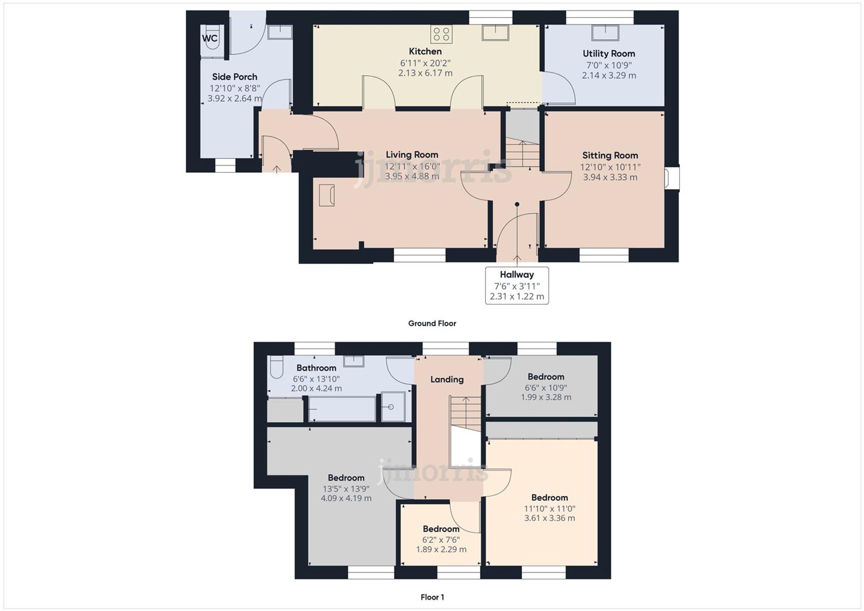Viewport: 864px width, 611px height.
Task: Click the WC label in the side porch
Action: [x=210, y=38]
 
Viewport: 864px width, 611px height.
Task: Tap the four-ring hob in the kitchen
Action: [x=441, y=34]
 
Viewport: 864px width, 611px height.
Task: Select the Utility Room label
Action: [x=609, y=54]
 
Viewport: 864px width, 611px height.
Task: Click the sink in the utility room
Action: [x=605, y=33]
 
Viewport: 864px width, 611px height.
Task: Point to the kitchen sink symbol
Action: [x=496, y=33]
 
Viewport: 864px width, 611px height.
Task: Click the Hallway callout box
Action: [x=517, y=285]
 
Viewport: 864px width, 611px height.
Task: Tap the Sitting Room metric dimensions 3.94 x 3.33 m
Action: [x=610, y=177]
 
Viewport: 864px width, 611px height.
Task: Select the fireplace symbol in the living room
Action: [x=327, y=195]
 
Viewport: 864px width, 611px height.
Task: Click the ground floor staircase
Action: [x=523, y=153]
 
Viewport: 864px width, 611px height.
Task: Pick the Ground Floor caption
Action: [x=432, y=323]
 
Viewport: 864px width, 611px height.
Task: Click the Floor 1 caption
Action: [x=432, y=597]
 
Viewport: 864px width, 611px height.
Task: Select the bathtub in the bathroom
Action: [x=342, y=409]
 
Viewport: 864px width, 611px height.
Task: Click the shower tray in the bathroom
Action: [x=393, y=406]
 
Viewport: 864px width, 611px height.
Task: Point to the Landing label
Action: [x=447, y=379]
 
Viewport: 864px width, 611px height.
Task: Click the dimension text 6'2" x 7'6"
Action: [x=441, y=539]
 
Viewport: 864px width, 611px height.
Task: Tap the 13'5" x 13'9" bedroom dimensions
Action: [x=346, y=488]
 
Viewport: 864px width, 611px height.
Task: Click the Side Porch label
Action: [x=235, y=77]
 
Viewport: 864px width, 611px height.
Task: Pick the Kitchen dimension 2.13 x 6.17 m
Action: [x=425, y=73]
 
